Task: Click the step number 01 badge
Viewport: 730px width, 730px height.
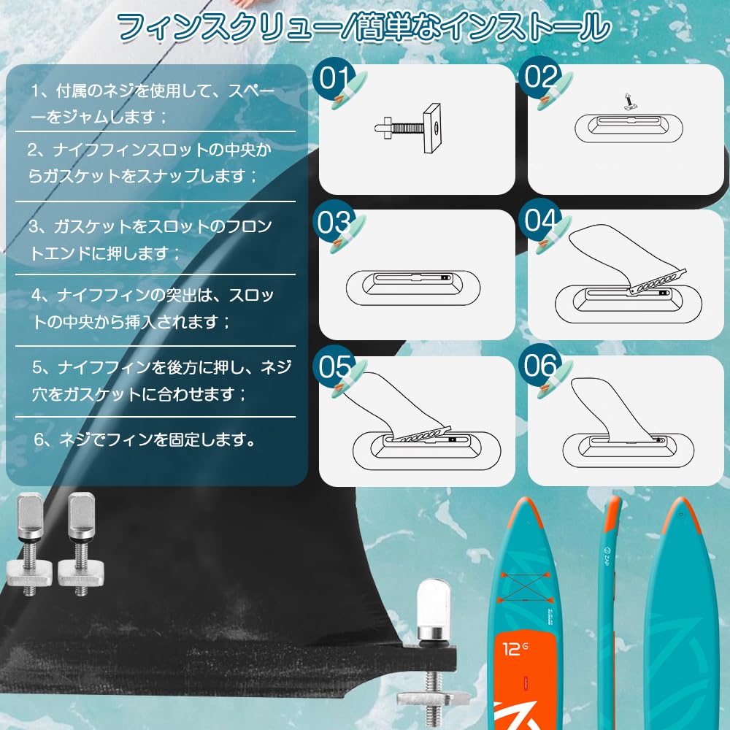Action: click(x=334, y=79)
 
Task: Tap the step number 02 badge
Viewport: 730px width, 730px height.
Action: click(x=540, y=77)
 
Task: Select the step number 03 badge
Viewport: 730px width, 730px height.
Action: click(x=334, y=223)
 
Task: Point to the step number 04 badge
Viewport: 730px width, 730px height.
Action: click(x=540, y=220)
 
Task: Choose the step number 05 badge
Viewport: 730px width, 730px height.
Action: click(x=335, y=367)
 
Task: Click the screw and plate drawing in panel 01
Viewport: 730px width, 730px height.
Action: click(x=408, y=128)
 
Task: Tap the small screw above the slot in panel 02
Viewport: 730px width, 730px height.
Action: click(x=630, y=101)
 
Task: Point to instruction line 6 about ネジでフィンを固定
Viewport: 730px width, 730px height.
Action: click(x=145, y=439)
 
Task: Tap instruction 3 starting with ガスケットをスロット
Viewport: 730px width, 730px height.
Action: click(x=150, y=239)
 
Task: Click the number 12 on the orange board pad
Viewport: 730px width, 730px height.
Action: click(x=512, y=649)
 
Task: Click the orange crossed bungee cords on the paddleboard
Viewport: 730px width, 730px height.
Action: click(x=524, y=588)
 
